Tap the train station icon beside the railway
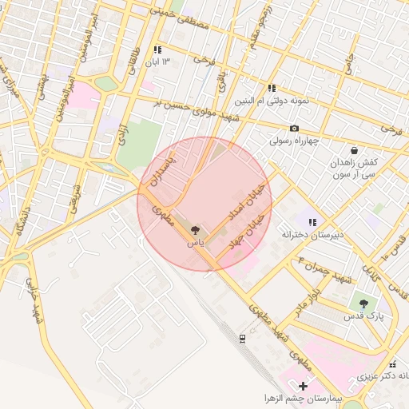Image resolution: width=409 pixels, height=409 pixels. tap(241, 339)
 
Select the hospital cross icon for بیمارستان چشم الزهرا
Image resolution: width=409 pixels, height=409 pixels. tap(302, 386)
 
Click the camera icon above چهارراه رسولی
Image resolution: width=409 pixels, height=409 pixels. tap(294, 129)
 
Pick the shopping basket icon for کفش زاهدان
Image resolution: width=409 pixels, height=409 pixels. tap(354, 149)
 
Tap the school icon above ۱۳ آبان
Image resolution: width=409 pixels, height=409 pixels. tap(157, 50)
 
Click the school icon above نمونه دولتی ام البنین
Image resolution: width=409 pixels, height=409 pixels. tap(272, 89)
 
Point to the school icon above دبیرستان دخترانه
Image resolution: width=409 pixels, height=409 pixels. tap(313, 222)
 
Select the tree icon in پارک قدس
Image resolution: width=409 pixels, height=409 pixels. tap(363, 304)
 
